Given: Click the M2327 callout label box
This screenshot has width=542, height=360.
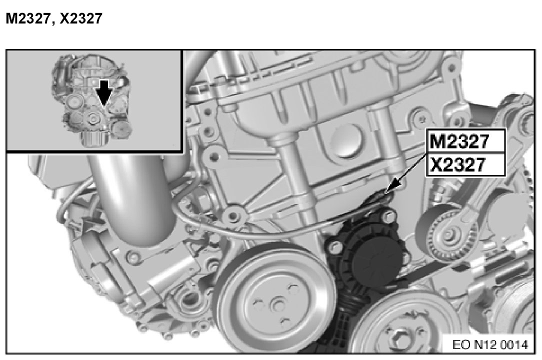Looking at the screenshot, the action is [x=466, y=140].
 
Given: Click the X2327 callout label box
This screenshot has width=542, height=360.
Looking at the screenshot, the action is [x=466, y=164].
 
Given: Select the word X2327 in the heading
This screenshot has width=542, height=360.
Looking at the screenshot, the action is [x=81, y=18].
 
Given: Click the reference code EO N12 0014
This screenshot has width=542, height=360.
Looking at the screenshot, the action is [x=490, y=344].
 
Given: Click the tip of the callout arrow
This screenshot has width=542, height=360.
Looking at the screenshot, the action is [x=385, y=193].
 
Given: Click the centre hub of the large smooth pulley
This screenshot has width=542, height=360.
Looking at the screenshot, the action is [x=277, y=304].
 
